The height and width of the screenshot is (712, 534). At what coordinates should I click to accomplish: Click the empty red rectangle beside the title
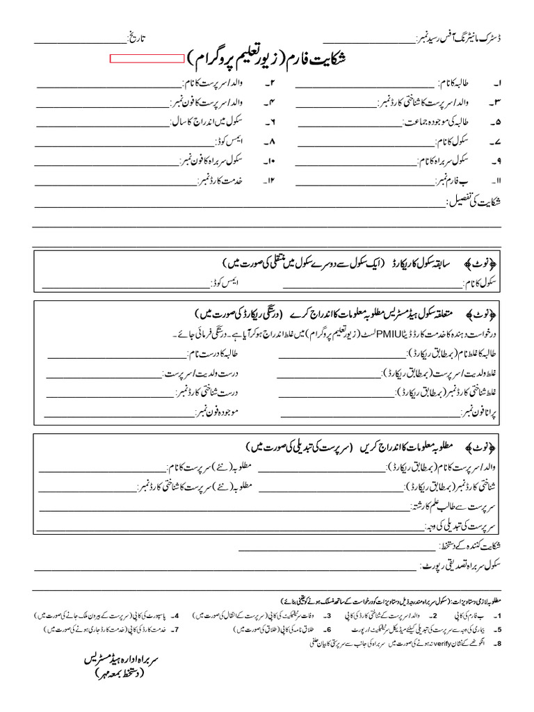click(147, 60)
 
